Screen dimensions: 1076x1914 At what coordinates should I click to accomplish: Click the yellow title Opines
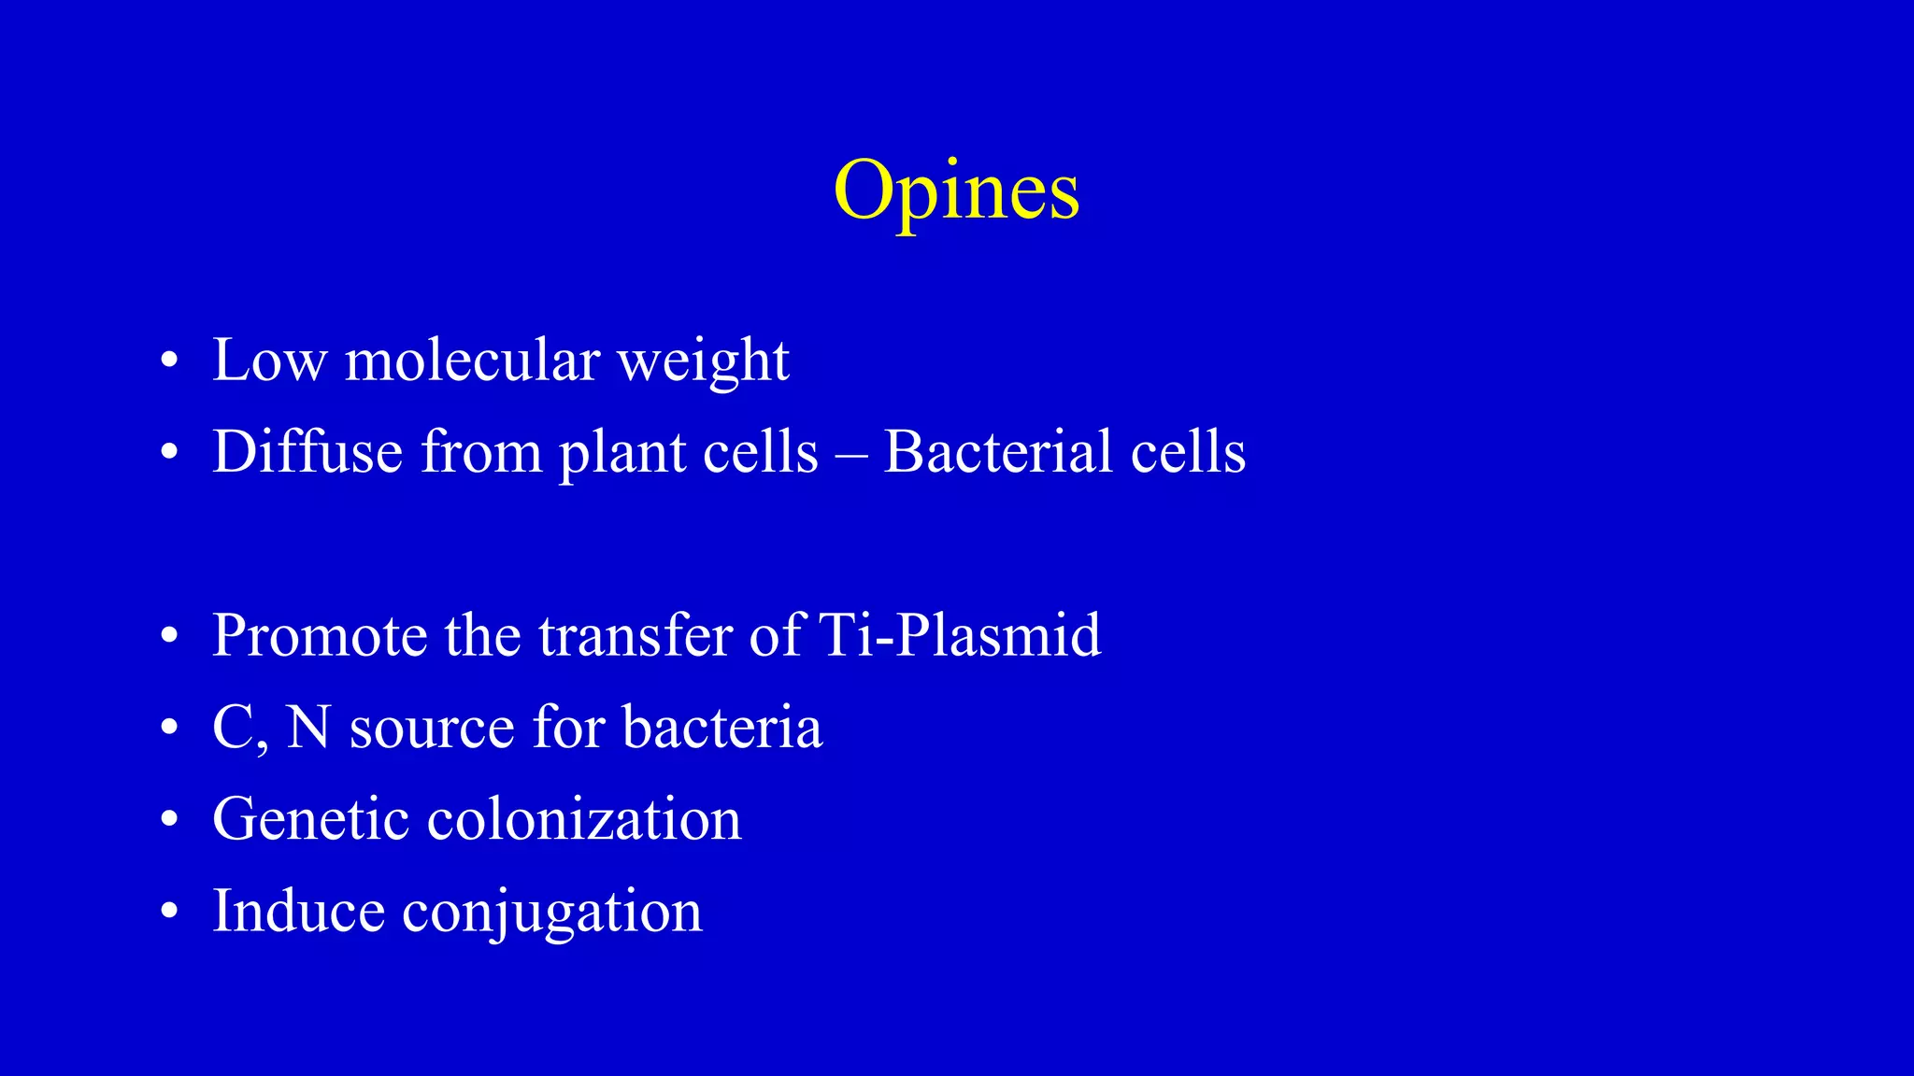tap(956, 191)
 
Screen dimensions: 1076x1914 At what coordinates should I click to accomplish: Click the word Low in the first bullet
tap(269, 360)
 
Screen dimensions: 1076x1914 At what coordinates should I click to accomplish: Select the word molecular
tap(472, 360)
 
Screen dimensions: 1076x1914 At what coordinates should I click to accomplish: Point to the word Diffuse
tap(307, 451)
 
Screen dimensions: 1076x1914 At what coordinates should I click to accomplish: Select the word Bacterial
tap(997, 451)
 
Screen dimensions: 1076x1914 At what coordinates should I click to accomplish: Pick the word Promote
tap(320, 635)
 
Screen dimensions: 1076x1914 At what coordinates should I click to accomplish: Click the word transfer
tap(635, 635)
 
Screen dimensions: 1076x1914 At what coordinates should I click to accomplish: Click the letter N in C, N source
tap(308, 727)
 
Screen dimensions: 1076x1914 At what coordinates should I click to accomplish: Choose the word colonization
tap(584, 819)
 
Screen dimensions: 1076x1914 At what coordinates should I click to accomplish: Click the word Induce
tap(298, 911)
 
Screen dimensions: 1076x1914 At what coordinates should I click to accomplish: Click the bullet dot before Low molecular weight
tap(169, 362)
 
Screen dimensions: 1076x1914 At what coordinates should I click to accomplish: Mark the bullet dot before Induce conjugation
tap(169, 913)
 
